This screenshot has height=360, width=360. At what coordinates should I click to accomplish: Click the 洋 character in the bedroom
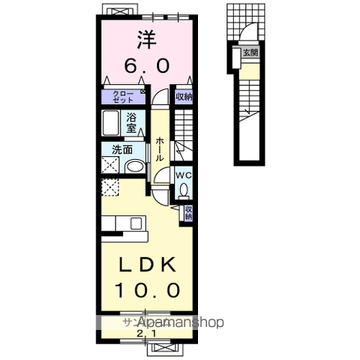pyautogui.click(x=145, y=38)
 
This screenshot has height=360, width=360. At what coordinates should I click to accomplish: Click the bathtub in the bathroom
pyautogui.click(x=111, y=122)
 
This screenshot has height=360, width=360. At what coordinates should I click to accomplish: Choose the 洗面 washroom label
pyautogui.click(x=122, y=149)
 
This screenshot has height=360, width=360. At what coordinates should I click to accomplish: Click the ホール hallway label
pyautogui.click(x=161, y=147)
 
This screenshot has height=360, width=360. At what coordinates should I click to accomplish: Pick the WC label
pyautogui.click(x=184, y=175)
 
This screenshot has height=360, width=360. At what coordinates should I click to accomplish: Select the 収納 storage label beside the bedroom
pyautogui.click(x=184, y=97)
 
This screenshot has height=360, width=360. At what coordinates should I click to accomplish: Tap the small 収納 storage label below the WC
pyautogui.click(x=189, y=212)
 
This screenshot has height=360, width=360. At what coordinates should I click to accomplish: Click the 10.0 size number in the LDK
pyautogui.click(x=148, y=289)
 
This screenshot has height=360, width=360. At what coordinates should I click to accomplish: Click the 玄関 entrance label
pyautogui.click(x=250, y=52)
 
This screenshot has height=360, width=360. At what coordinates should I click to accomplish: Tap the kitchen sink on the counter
pyautogui.click(x=135, y=223)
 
